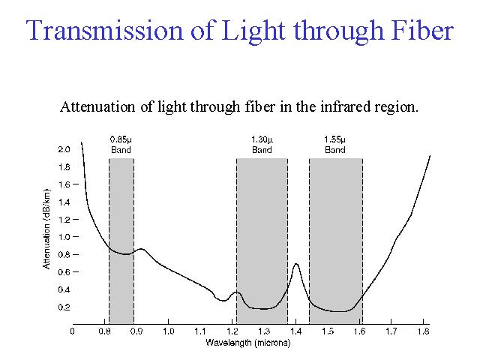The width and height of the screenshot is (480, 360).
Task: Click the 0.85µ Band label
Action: (121, 145)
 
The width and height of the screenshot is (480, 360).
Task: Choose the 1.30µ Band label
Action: (262, 145)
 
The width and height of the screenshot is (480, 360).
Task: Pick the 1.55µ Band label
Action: (335, 145)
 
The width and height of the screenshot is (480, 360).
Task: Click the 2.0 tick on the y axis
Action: (64, 149)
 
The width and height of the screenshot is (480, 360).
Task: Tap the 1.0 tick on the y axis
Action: (64, 237)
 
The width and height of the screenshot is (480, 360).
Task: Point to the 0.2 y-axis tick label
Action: (64, 307)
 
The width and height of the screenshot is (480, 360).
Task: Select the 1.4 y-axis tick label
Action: (64, 202)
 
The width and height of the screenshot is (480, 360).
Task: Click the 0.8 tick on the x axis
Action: (104, 331)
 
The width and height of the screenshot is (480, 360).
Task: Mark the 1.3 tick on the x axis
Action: (264, 331)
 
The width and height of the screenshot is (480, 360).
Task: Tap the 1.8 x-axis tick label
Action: (424, 331)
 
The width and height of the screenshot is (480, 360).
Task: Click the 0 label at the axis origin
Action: (73, 331)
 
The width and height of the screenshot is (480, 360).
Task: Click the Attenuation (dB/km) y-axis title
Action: (46, 229)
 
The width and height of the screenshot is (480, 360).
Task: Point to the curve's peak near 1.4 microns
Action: (297, 264)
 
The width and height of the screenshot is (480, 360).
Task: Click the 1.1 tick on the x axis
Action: (200, 331)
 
